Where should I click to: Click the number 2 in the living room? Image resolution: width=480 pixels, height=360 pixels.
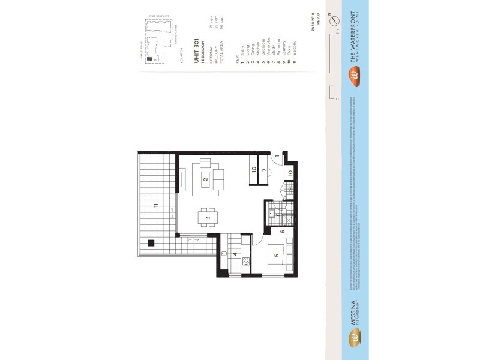click(x=205, y=179)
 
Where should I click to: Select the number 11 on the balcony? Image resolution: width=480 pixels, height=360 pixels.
click(x=155, y=206)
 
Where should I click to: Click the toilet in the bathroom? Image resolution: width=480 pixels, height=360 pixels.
click(x=287, y=210)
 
